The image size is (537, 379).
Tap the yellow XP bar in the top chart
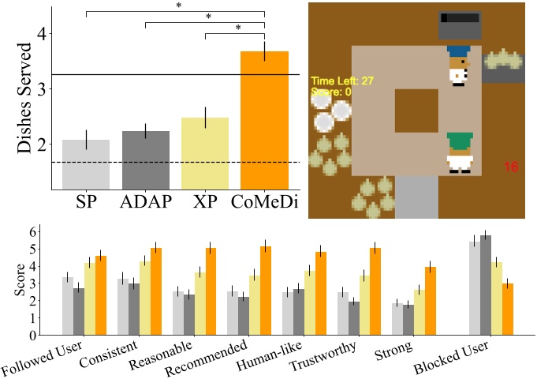coord(205,153)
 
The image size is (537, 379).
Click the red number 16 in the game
coord(510,167)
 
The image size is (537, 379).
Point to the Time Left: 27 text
coord(342,81)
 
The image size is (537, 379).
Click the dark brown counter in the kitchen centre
coord(416,110)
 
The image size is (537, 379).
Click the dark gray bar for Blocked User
coord(486,284)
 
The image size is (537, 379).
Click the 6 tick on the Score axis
coord(32,232)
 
